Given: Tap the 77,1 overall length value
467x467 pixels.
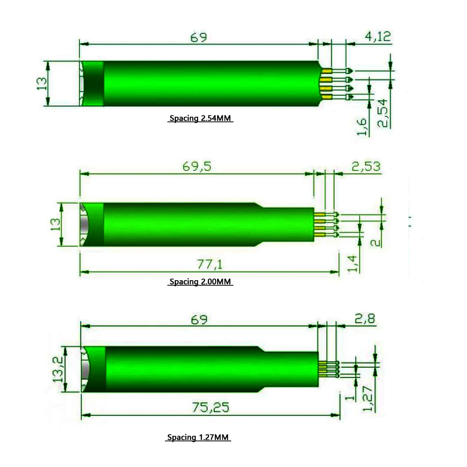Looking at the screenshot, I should point(209,265).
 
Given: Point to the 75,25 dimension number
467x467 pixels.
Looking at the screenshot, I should point(211,407).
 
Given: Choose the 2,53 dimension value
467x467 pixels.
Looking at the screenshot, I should point(366,166).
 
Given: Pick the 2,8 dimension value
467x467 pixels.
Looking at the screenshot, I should point(365,319).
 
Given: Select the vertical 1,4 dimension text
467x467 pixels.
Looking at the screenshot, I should point(354,262).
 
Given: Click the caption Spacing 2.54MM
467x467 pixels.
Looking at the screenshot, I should point(200,119).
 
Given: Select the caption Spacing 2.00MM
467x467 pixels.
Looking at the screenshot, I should point(200,282).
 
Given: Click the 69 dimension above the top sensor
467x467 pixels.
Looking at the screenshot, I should point(198,37).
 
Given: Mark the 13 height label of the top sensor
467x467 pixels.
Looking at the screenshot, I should point(42,84).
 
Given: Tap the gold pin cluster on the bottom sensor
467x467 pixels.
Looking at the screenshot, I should point(323,369).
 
